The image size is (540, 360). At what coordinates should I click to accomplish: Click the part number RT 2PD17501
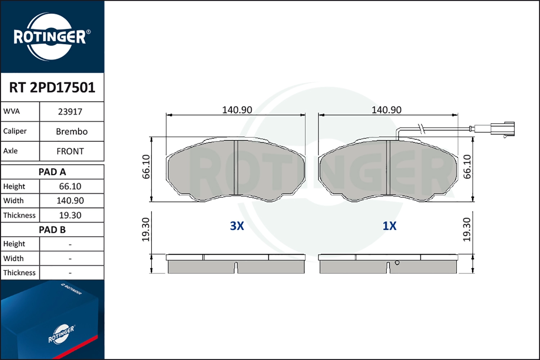coord(52,87)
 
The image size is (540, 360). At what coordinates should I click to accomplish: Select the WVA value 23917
coord(70,112)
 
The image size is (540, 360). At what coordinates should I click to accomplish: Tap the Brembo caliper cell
coord(72,131)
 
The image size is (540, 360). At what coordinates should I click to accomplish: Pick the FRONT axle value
coord(70,151)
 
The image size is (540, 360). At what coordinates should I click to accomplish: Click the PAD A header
coord(52,172)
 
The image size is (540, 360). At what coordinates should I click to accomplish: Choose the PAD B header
coord(52,230)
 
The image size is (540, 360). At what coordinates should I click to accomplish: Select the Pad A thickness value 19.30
coord(70,215)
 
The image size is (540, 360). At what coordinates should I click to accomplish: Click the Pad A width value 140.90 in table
coord(70,201)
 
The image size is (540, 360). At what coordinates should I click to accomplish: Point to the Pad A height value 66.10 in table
coord(70,186)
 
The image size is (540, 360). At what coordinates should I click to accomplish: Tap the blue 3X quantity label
coord(237,226)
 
